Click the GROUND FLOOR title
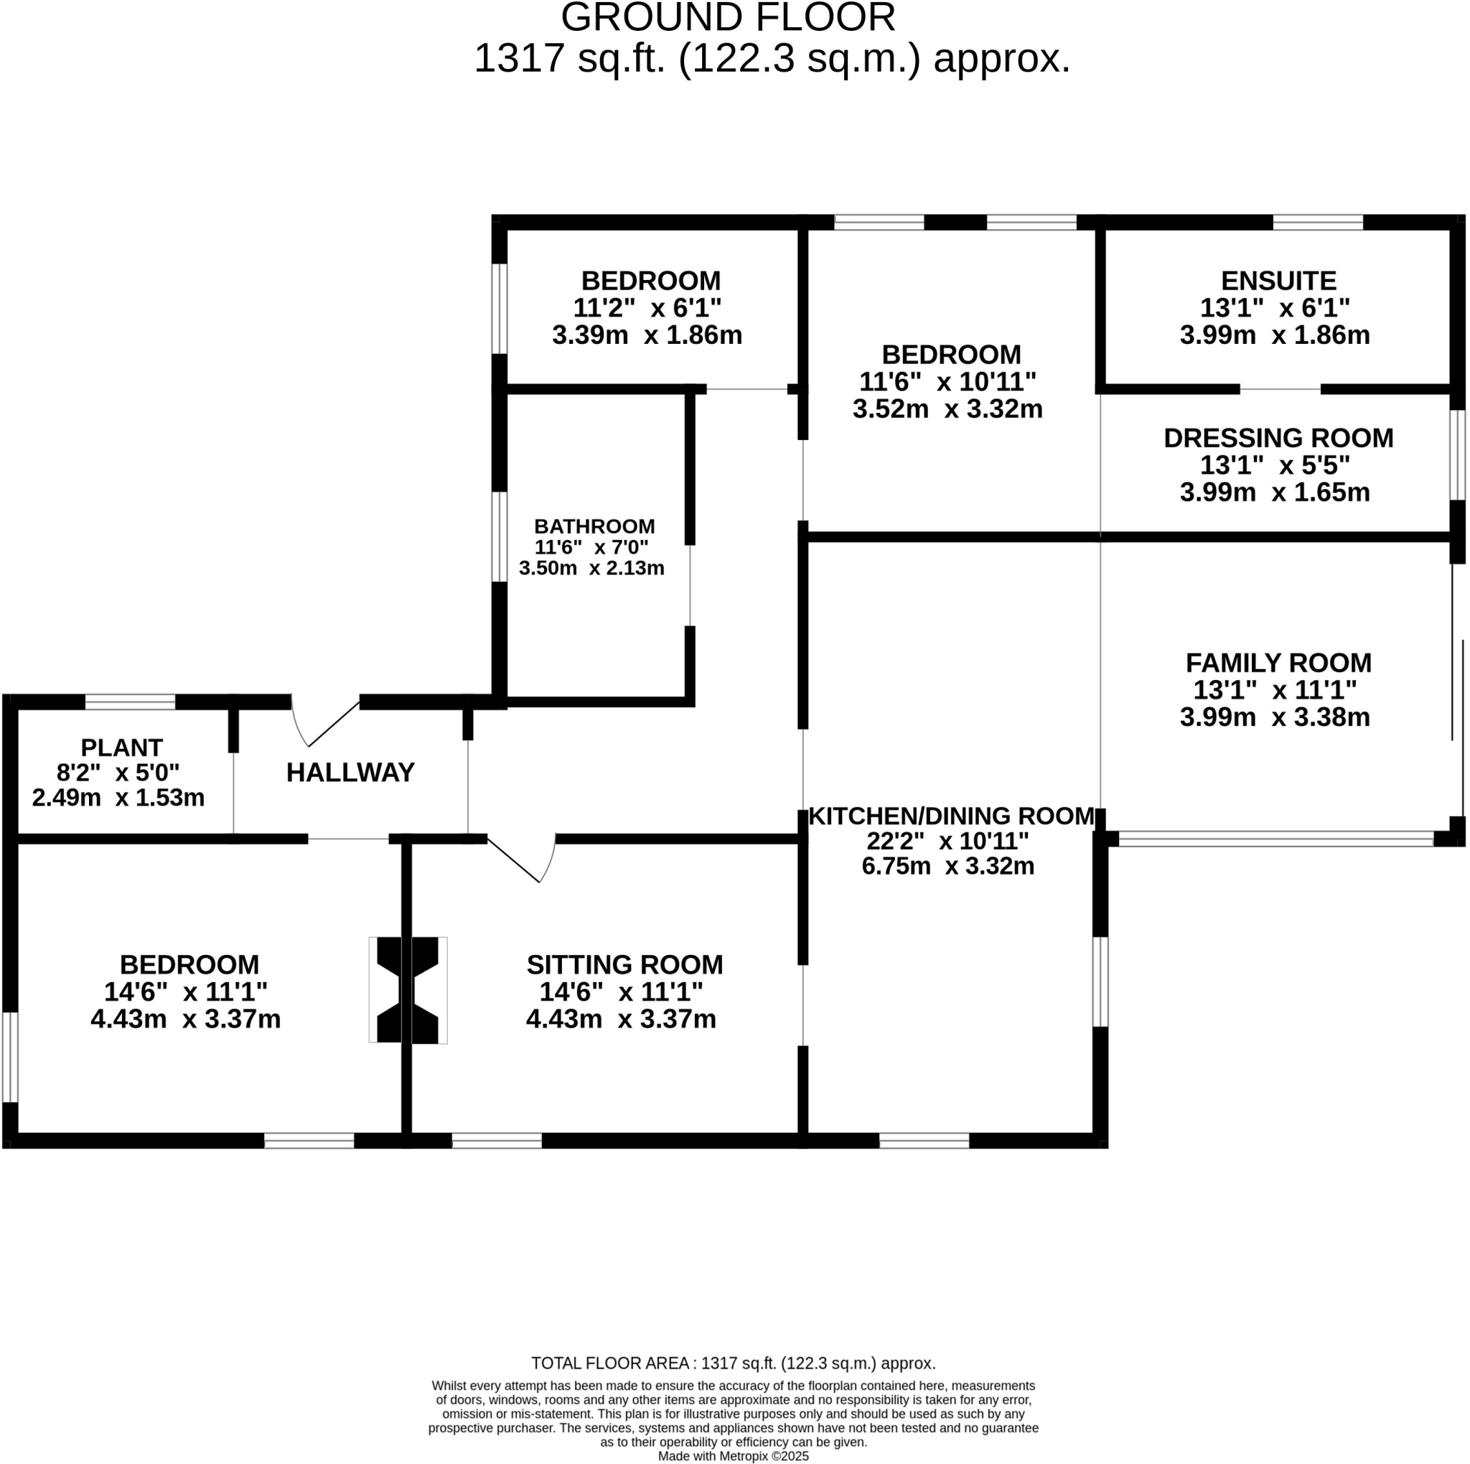coord(728,18)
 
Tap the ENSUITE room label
coord(1278,281)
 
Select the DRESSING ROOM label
coord(1278,437)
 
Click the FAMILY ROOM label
coord(1278,663)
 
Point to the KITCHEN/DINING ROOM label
coord(951,816)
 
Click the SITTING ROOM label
coord(624,964)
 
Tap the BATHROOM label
coord(594,526)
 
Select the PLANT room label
coord(122,747)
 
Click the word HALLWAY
coord(350,773)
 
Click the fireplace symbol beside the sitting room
coord(408,989)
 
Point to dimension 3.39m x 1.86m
coord(647,335)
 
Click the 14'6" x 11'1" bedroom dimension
coord(186,992)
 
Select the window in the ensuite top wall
coord(1317,222)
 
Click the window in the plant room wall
coord(130,701)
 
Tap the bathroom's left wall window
coord(499,536)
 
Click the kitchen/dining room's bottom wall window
coord(924,1140)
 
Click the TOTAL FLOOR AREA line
coord(733,1363)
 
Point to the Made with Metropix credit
coord(733,1455)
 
